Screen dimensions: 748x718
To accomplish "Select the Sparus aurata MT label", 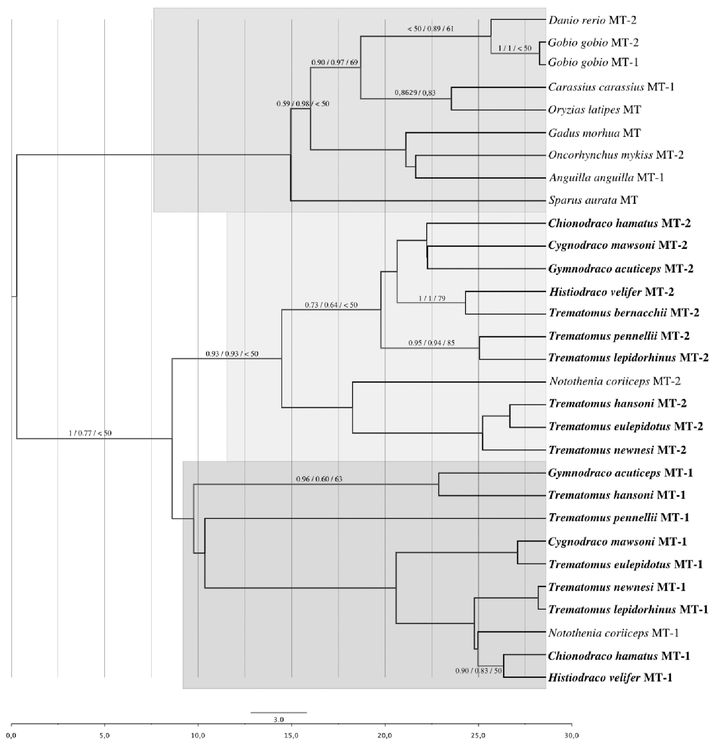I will pyautogui.click(x=593, y=200).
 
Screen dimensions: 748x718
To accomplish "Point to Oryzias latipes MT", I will pyautogui.click(x=594, y=110).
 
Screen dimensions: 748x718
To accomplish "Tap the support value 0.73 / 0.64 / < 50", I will pyautogui.click(x=331, y=305).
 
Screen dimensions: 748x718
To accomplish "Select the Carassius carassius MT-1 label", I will pyautogui.click(x=611, y=87).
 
